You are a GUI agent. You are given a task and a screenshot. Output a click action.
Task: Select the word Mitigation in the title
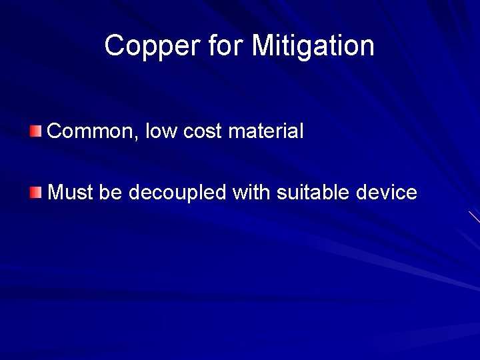[313, 47]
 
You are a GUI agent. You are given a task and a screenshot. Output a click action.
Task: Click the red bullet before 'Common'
[35, 130]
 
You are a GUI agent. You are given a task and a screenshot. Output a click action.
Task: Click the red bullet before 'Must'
[35, 193]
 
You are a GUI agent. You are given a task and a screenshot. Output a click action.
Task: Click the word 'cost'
[202, 131]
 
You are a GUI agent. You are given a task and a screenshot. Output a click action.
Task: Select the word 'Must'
[71, 193]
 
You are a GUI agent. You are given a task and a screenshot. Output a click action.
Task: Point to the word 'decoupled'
[177, 194]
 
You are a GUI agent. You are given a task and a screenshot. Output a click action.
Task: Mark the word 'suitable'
[313, 193]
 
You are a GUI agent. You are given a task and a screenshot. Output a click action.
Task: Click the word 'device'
[387, 193]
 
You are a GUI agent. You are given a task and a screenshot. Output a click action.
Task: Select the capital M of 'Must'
[57, 193]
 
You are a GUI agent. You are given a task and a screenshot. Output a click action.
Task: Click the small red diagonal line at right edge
[474, 217]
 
